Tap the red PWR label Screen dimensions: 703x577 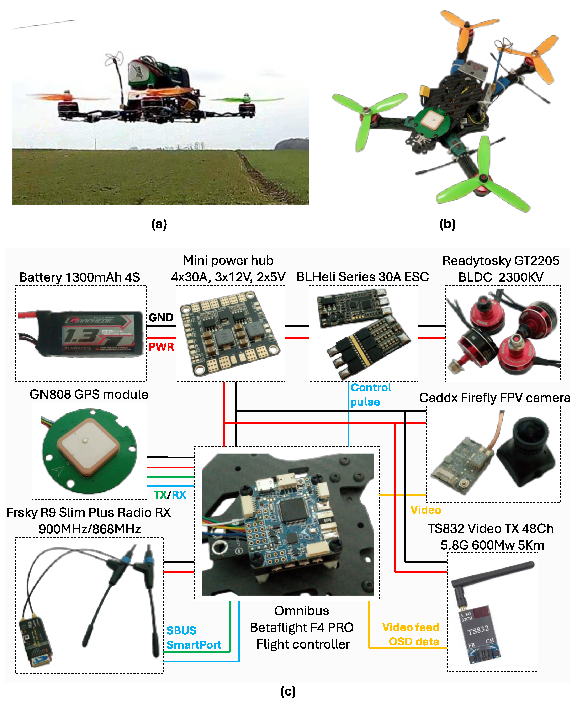point(161,347)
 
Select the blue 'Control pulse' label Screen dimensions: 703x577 point(370,395)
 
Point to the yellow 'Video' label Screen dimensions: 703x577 point(425,510)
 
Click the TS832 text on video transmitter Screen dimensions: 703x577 point(478,630)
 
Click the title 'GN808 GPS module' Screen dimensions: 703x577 point(89,394)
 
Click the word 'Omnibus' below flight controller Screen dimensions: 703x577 point(301,610)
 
